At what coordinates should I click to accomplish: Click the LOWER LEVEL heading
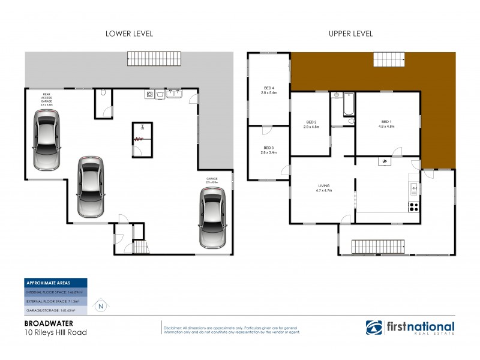click(129, 34)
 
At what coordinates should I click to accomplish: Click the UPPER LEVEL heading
click(351, 34)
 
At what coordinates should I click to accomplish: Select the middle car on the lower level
click(91, 187)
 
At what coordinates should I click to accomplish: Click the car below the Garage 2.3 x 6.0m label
click(212, 216)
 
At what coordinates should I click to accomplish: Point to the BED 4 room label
click(268, 91)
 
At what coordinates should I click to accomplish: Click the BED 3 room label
click(268, 151)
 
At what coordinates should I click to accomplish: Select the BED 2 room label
click(310, 125)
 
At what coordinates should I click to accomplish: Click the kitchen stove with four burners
click(413, 207)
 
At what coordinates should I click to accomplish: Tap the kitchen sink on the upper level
click(413, 189)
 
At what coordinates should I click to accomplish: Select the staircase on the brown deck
click(389, 60)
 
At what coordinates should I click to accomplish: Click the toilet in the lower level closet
click(104, 93)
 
